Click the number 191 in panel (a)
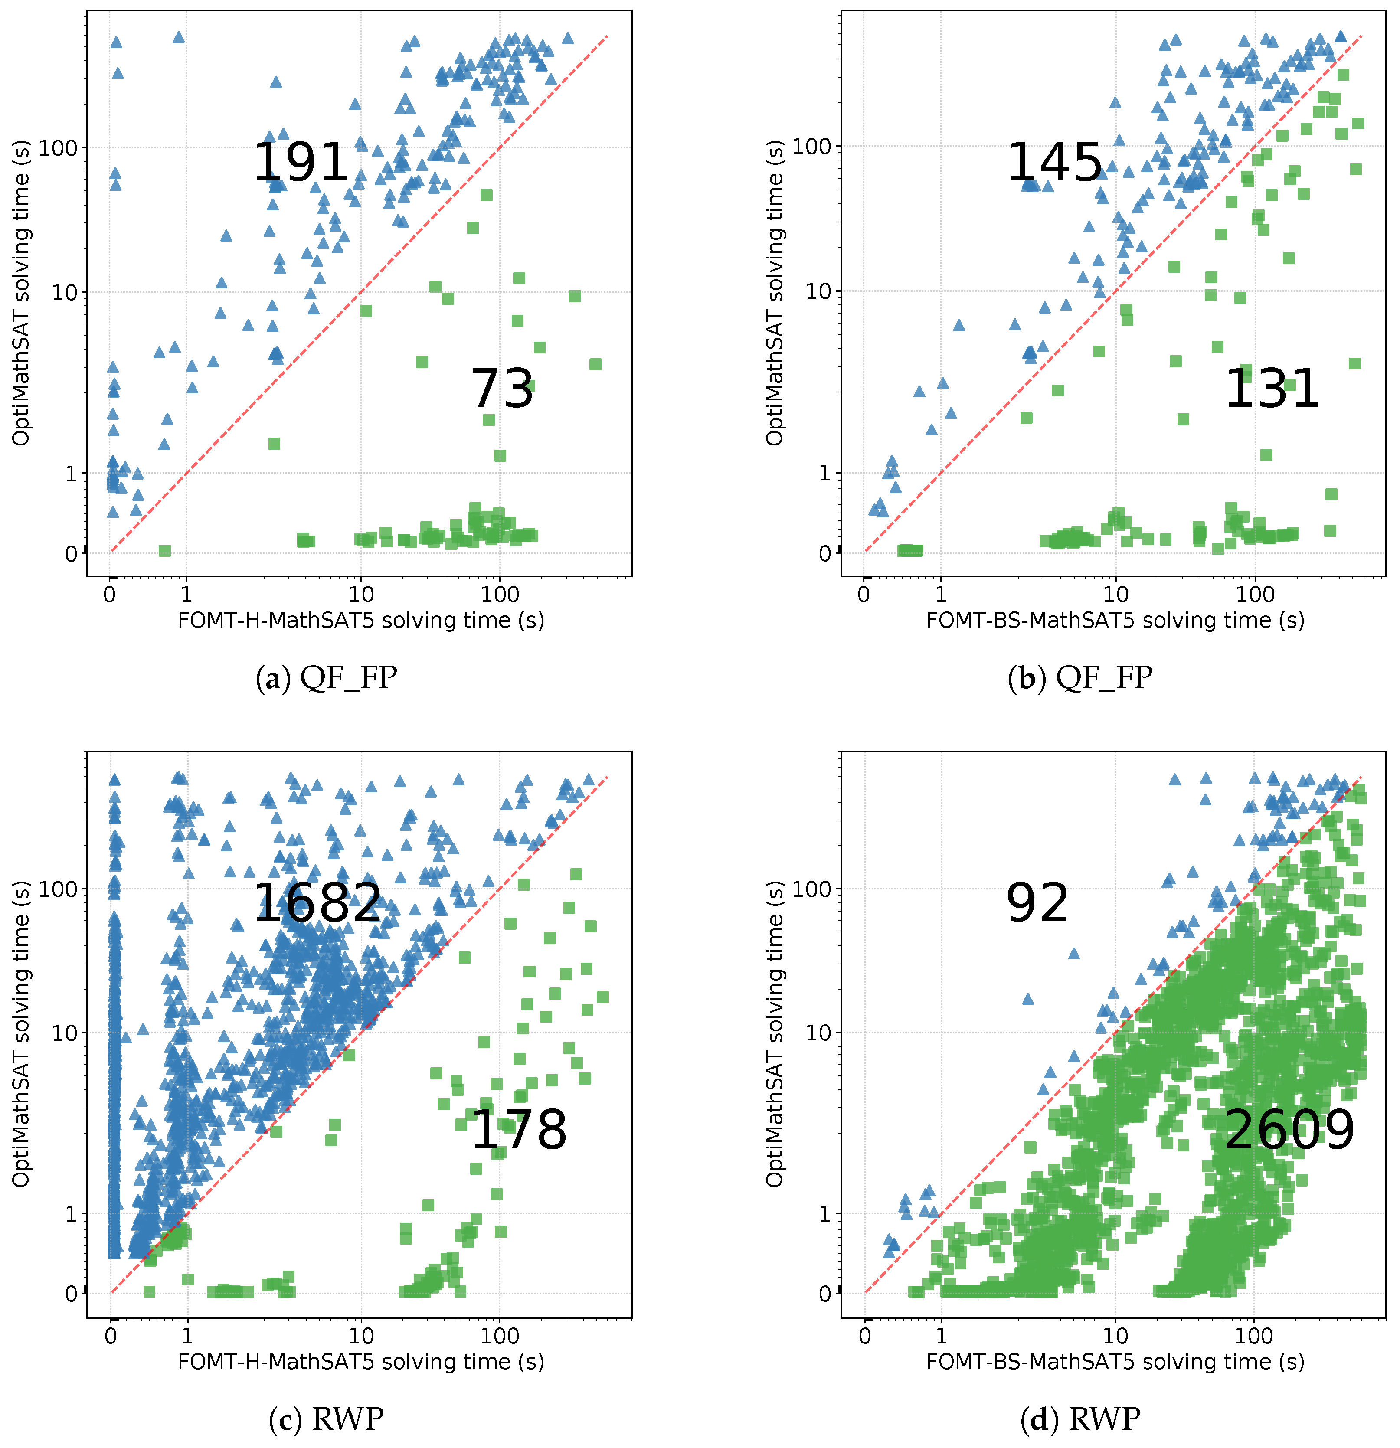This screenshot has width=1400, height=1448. pos(301,163)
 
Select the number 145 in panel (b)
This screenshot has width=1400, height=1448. pos(1054,163)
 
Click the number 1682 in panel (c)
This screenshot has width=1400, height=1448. pos(317,903)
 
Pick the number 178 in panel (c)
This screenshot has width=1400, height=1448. pos(519,1130)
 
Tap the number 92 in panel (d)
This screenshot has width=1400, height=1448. pos(1037,903)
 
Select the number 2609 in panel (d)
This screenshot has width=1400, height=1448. pos(1289,1130)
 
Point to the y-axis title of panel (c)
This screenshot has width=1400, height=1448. pos(21,1034)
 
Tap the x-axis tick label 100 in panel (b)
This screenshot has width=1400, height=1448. pos(1256,594)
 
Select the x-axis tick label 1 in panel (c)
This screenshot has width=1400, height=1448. pos(187,1336)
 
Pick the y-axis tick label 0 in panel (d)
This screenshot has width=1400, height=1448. pos(825,1294)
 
